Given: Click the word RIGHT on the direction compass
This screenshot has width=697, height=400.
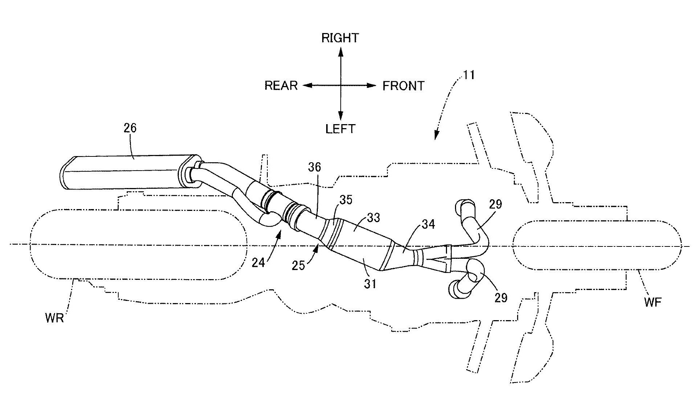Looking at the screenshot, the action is point(340,38).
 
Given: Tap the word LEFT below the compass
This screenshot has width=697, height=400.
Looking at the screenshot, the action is point(340,129).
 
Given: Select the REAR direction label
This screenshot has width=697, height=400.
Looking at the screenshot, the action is point(281,86).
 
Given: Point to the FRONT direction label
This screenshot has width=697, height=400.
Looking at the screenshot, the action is point(403,86).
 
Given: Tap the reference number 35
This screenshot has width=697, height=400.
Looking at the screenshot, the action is point(345,200).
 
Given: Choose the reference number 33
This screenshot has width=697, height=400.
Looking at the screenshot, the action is point(373,217).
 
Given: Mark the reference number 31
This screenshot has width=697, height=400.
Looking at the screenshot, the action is point(370,283).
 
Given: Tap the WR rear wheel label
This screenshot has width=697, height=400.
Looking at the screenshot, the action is point(55,318).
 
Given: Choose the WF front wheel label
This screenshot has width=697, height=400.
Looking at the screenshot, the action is point(653,302).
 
